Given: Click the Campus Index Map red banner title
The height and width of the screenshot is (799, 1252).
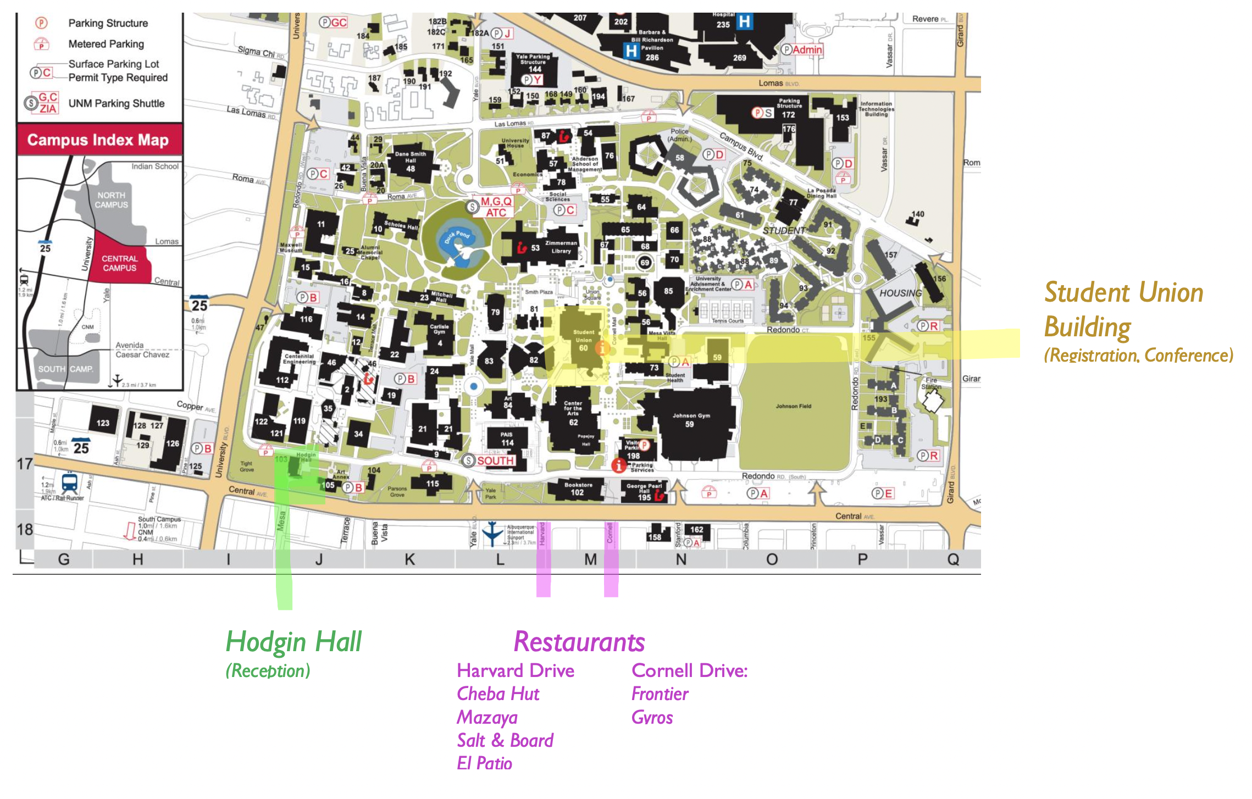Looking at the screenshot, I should coord(98,140).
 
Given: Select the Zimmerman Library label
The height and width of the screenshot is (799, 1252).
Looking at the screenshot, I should coord(561,247).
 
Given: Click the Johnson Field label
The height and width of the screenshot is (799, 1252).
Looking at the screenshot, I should coord(793,407).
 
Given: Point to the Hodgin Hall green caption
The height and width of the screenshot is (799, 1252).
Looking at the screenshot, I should coord(293,642).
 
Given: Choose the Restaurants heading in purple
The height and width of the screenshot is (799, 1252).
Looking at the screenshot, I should coord(579,642).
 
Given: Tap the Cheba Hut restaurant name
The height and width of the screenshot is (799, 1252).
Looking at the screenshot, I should coord(498,694).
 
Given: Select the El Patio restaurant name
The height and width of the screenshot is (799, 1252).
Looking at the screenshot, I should coord(484,763).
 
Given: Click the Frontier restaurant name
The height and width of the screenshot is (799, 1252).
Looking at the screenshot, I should coord(660,694).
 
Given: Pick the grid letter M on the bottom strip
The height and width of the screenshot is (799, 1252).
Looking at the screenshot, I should coord(590,560).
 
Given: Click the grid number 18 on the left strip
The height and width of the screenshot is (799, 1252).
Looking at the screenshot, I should coord(25,530).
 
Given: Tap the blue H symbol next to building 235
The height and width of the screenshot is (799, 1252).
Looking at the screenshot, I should coord(744,22).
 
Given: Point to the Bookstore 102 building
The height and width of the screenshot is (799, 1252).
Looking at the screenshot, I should coord(578,489).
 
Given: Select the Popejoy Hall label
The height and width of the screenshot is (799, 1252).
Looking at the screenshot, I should coord(586,440).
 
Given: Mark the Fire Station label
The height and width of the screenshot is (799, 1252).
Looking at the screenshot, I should coord(931,383).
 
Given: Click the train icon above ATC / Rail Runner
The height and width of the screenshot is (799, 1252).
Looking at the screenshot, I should coord(70,482).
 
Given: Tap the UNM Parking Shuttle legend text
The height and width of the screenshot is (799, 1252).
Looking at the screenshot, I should coord(117,103).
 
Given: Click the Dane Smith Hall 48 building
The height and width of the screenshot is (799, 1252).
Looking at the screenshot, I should coord(411,163).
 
